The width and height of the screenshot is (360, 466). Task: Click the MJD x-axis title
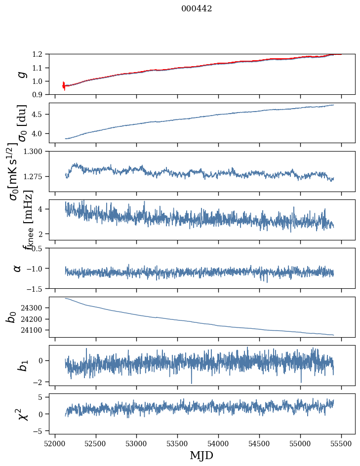(x=201, y=455)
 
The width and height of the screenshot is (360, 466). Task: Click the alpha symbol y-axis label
(x=18, y=268)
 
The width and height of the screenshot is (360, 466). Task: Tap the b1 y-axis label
(x=22, y=365)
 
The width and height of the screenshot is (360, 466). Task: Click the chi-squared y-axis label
(x=22, y=414)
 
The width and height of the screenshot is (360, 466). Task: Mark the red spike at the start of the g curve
(x=64, y=85)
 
